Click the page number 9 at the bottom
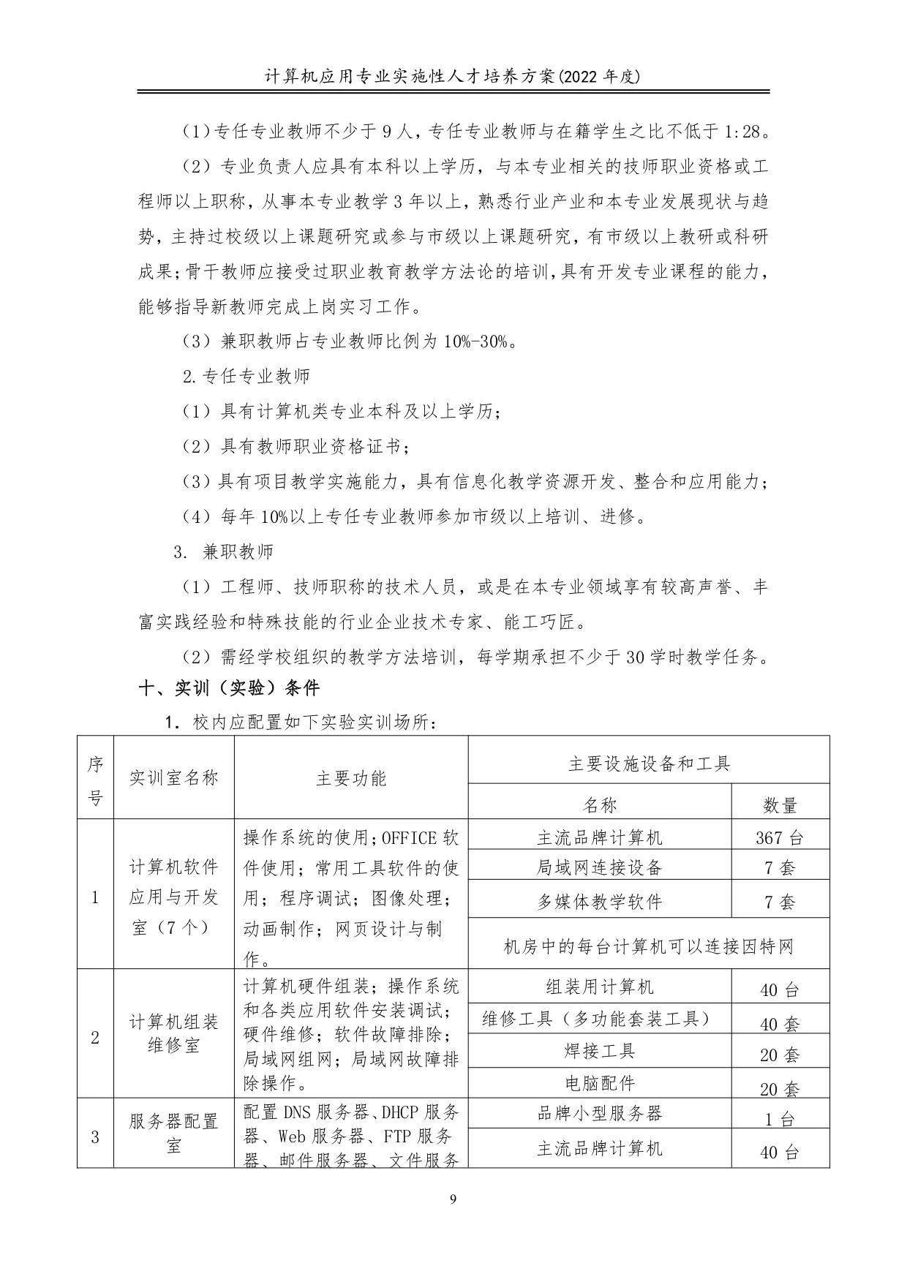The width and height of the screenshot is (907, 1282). [x=453, y=1199]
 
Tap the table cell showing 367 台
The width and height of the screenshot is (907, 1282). [x=780, y=837]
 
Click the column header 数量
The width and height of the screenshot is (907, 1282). [x=780, y=805]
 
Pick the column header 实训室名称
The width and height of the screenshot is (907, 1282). [x=173, y=777]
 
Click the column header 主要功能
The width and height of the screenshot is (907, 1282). [x=350, y=777]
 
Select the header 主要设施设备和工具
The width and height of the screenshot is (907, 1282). [x=648, y=763]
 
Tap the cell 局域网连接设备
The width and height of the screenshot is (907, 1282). [x=599, y=867]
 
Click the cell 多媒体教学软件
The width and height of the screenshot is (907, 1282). [x=599, y=902]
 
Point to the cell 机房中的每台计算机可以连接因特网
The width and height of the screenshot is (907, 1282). [x=648, y=947]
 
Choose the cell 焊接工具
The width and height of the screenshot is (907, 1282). [x=599, y=1051]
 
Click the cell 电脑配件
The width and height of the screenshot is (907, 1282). [x=599, y=1083]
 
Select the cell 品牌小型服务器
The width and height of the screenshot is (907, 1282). [x=599, y=1113]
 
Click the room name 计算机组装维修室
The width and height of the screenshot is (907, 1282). [x=173, y=1033]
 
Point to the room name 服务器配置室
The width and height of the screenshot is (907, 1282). [x=173, y=1133]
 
